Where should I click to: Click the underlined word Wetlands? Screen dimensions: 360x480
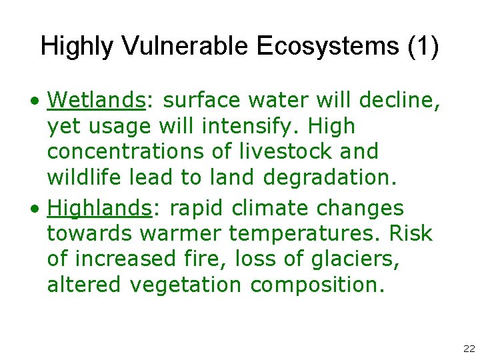click(96, 100)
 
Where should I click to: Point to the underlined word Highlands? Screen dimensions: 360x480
click(100, 208)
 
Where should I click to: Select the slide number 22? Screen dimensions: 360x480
click(467, 349)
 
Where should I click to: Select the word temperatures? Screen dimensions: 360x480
click(297, 234)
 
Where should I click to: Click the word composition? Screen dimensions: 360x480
click(317, 285)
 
